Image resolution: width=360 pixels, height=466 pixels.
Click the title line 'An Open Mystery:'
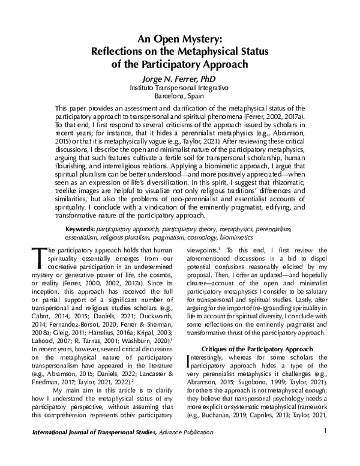click(180, 38)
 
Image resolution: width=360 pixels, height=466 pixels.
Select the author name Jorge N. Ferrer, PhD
click(180, 77)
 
